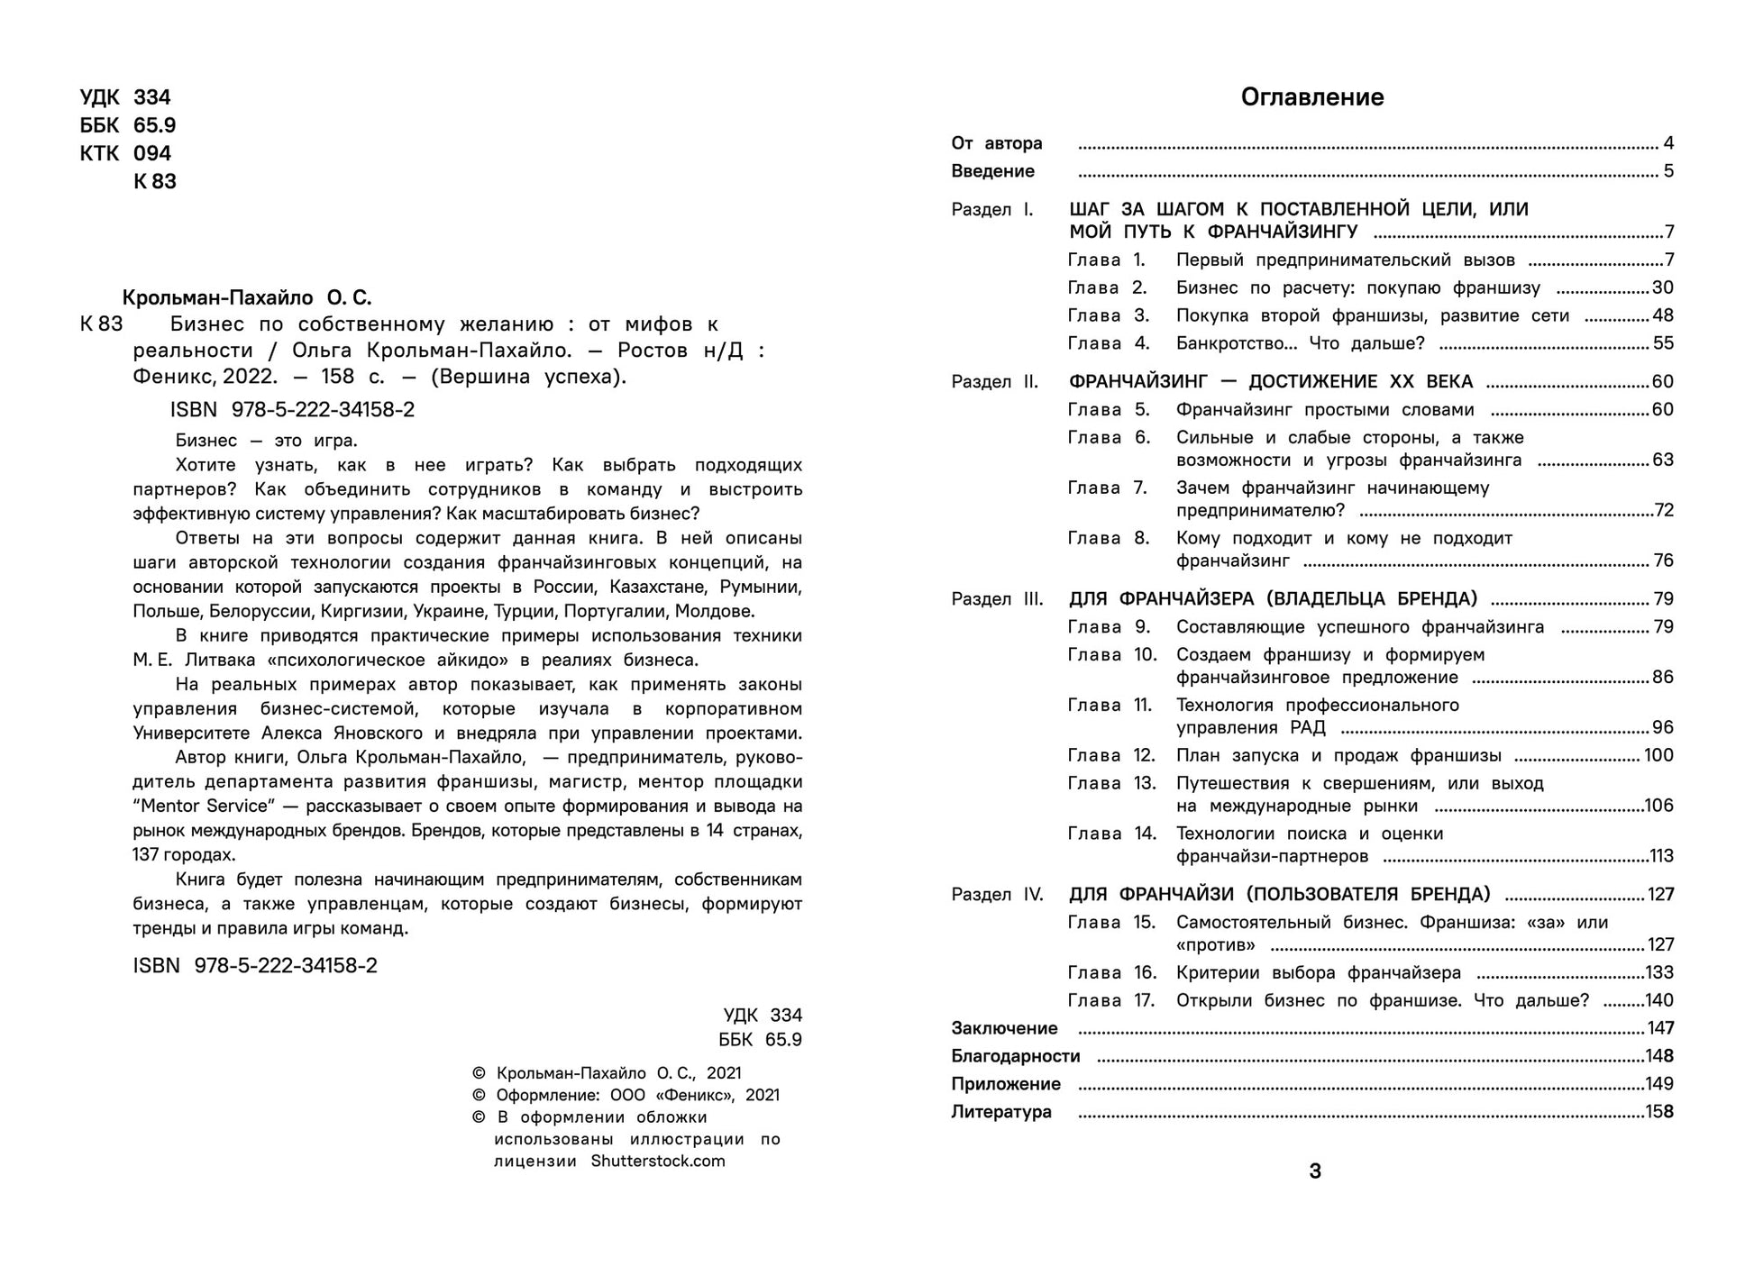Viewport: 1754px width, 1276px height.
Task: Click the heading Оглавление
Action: pos(1311,97)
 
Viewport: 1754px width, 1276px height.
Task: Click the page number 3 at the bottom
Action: pos(1315,1171)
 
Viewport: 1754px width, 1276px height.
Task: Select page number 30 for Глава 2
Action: pos(1662,288)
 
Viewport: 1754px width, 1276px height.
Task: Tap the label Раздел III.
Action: pos(997,599)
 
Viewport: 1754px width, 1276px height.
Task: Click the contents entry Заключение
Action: pos(1004,1028)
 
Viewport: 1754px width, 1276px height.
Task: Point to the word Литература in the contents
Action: pos(1001,1112)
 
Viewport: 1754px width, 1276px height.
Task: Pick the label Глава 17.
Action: pos(1111,1000)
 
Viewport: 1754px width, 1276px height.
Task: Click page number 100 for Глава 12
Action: pos(1658,755)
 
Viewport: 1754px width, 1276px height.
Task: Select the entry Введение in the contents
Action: pos(992,171)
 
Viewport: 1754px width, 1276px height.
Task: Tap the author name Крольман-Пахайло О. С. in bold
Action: pos(246,297)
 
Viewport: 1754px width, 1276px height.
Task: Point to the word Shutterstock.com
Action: pos(658,1161)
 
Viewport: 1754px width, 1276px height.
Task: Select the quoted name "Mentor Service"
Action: pos(201,806)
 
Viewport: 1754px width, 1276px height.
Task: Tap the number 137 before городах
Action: pos(146,854)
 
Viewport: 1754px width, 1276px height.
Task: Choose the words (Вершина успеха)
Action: pos(528,377)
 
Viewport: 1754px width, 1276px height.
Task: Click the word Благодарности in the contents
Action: pos(1015,1056)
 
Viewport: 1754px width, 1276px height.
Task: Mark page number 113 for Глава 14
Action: pos(1660,856)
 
